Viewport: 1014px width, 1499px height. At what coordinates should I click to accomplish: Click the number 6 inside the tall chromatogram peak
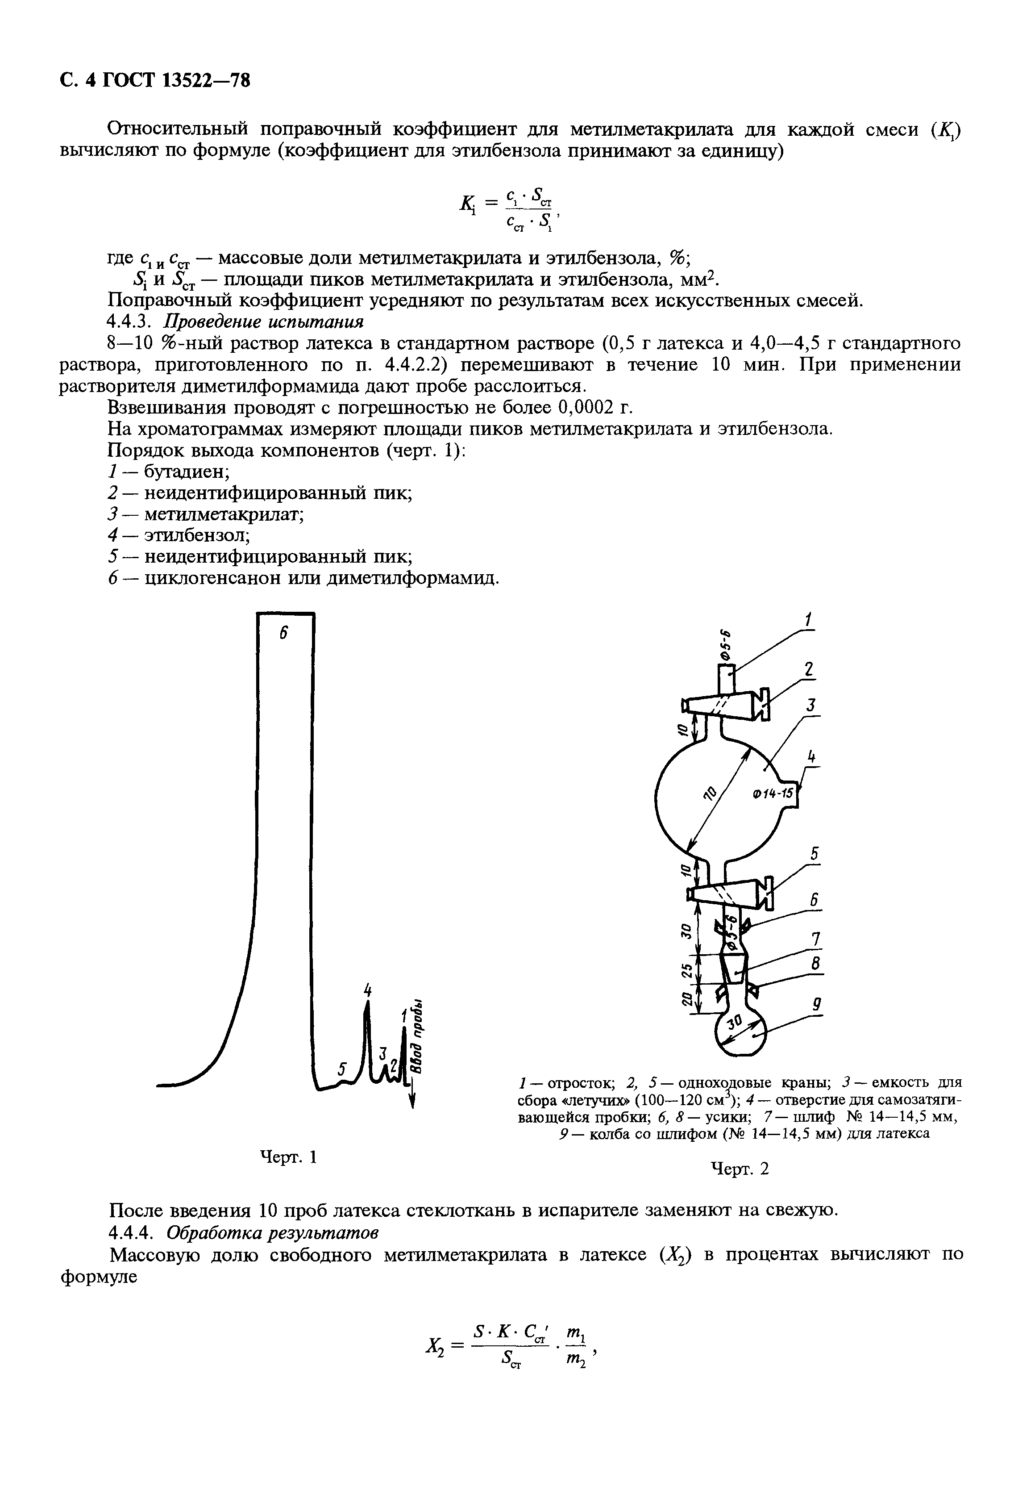click(283, 634)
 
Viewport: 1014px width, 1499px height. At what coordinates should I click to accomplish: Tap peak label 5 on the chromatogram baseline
click(342, 1070)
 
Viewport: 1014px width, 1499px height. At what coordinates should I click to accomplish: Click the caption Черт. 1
click(287, 1157)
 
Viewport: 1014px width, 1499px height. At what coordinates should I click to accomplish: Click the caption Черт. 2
click(740, 1168)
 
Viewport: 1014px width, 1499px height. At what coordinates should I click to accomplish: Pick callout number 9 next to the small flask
click(816, 1004)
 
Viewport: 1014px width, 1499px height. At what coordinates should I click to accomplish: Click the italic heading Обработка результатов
click(271, 1232)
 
